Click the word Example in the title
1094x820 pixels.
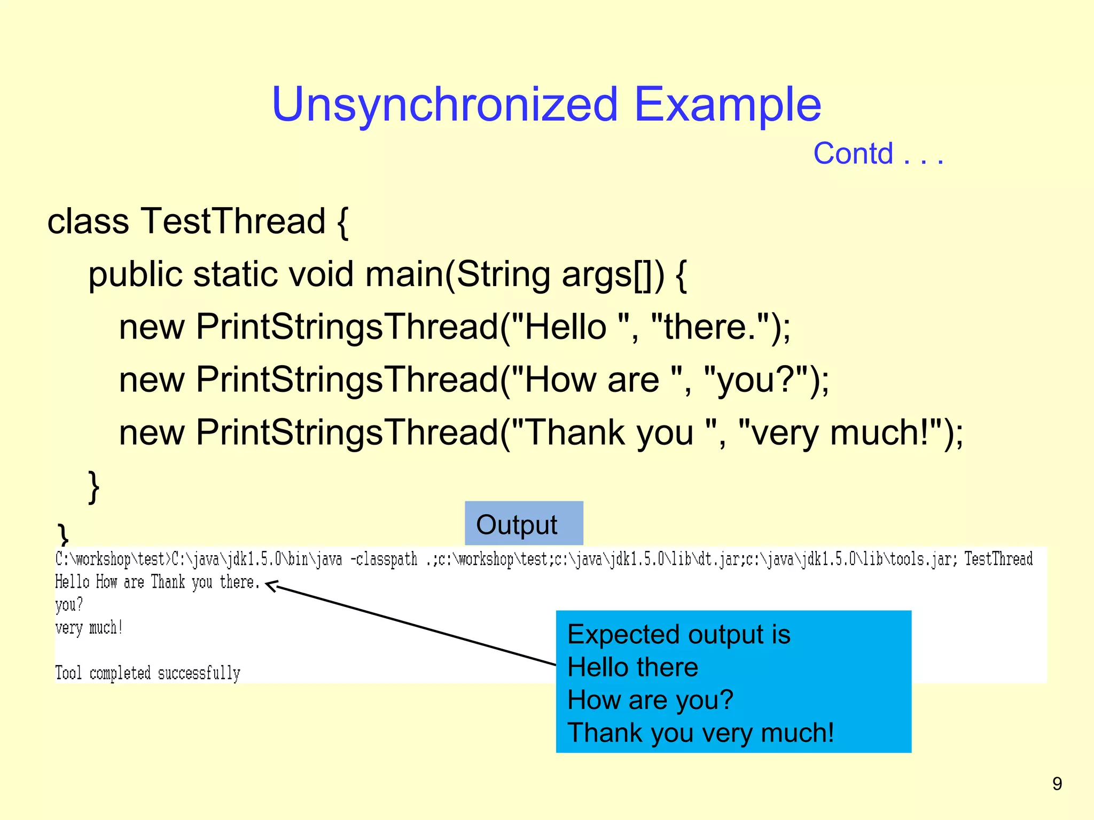point(727,105)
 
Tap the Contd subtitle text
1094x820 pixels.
point(853,154)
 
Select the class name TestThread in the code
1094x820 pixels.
point(233,221)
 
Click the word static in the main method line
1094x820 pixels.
point(236,274)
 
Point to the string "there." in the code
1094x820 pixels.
point(710,327)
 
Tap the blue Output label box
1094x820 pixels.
point(523,524)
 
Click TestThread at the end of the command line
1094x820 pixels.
point(998,559)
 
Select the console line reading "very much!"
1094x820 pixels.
point(89,628)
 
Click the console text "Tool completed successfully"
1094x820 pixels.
point(148,673)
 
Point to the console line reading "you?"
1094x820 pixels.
point(69,605)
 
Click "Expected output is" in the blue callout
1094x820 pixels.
point(678,635)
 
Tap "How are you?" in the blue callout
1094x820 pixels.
point(650,700)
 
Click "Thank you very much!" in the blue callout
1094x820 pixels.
point(700,732)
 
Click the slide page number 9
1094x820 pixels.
point(1057,784)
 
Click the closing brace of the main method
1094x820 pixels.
point(93,486)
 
